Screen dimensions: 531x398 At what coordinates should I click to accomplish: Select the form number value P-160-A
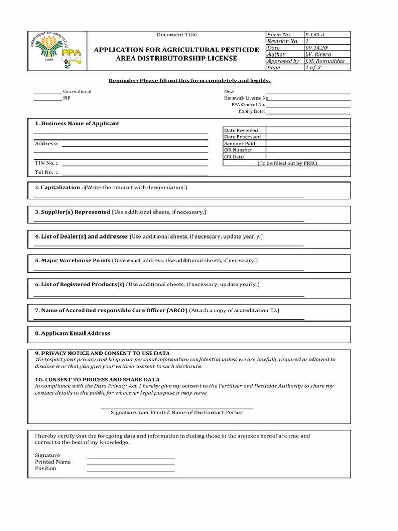tap(316, 35)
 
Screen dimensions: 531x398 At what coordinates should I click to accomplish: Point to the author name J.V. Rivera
tap(318, 54)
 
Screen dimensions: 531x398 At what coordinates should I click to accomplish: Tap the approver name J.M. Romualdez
tap(325, 61)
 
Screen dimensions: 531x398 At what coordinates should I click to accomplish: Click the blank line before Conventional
tap(48, 93)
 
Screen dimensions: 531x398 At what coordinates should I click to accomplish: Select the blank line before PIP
tap(48, 100)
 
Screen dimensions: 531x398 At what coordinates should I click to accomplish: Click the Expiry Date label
tap(252, 111)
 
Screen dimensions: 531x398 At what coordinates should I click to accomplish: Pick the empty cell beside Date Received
tap(308, 130)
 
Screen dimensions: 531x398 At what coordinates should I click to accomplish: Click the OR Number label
tap(238, 150)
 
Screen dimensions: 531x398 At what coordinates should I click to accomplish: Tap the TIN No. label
tap(46, 163)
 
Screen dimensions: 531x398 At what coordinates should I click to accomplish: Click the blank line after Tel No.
tap(135, 174)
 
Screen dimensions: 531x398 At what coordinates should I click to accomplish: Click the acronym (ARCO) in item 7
tap(177, 310)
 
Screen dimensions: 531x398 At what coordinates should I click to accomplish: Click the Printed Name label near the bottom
tap(53, 462)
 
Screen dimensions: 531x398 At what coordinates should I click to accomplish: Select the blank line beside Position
tap(130, 470)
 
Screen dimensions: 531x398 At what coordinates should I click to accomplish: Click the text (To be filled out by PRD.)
tap(287, 163)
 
